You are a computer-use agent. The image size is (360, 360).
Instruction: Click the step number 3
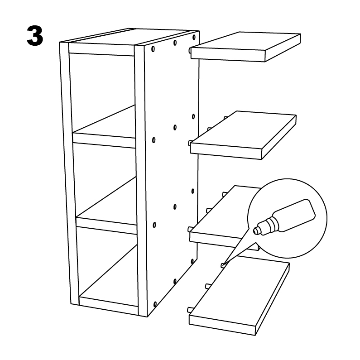point(35,36)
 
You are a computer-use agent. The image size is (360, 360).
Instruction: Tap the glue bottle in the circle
point(284,217)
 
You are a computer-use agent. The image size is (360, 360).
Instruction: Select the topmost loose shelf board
point(246,47)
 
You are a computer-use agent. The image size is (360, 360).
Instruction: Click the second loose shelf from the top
point(243,135)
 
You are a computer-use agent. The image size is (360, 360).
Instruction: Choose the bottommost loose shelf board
point(239,298)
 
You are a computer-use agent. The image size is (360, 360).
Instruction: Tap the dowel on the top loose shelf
point(190,50)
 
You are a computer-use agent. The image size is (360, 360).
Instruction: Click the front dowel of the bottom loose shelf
point(190,310)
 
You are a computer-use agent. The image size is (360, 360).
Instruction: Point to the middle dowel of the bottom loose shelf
point(208,286)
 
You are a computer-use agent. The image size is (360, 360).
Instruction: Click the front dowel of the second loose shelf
point(190,143)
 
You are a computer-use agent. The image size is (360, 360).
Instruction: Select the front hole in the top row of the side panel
point(153,49)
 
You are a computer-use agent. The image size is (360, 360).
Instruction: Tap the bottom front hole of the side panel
point(155,305)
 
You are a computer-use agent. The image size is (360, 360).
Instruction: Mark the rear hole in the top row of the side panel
point(194,37)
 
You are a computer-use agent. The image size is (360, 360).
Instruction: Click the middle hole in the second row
point(175,127)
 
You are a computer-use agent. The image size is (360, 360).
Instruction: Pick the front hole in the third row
point(154,225)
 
